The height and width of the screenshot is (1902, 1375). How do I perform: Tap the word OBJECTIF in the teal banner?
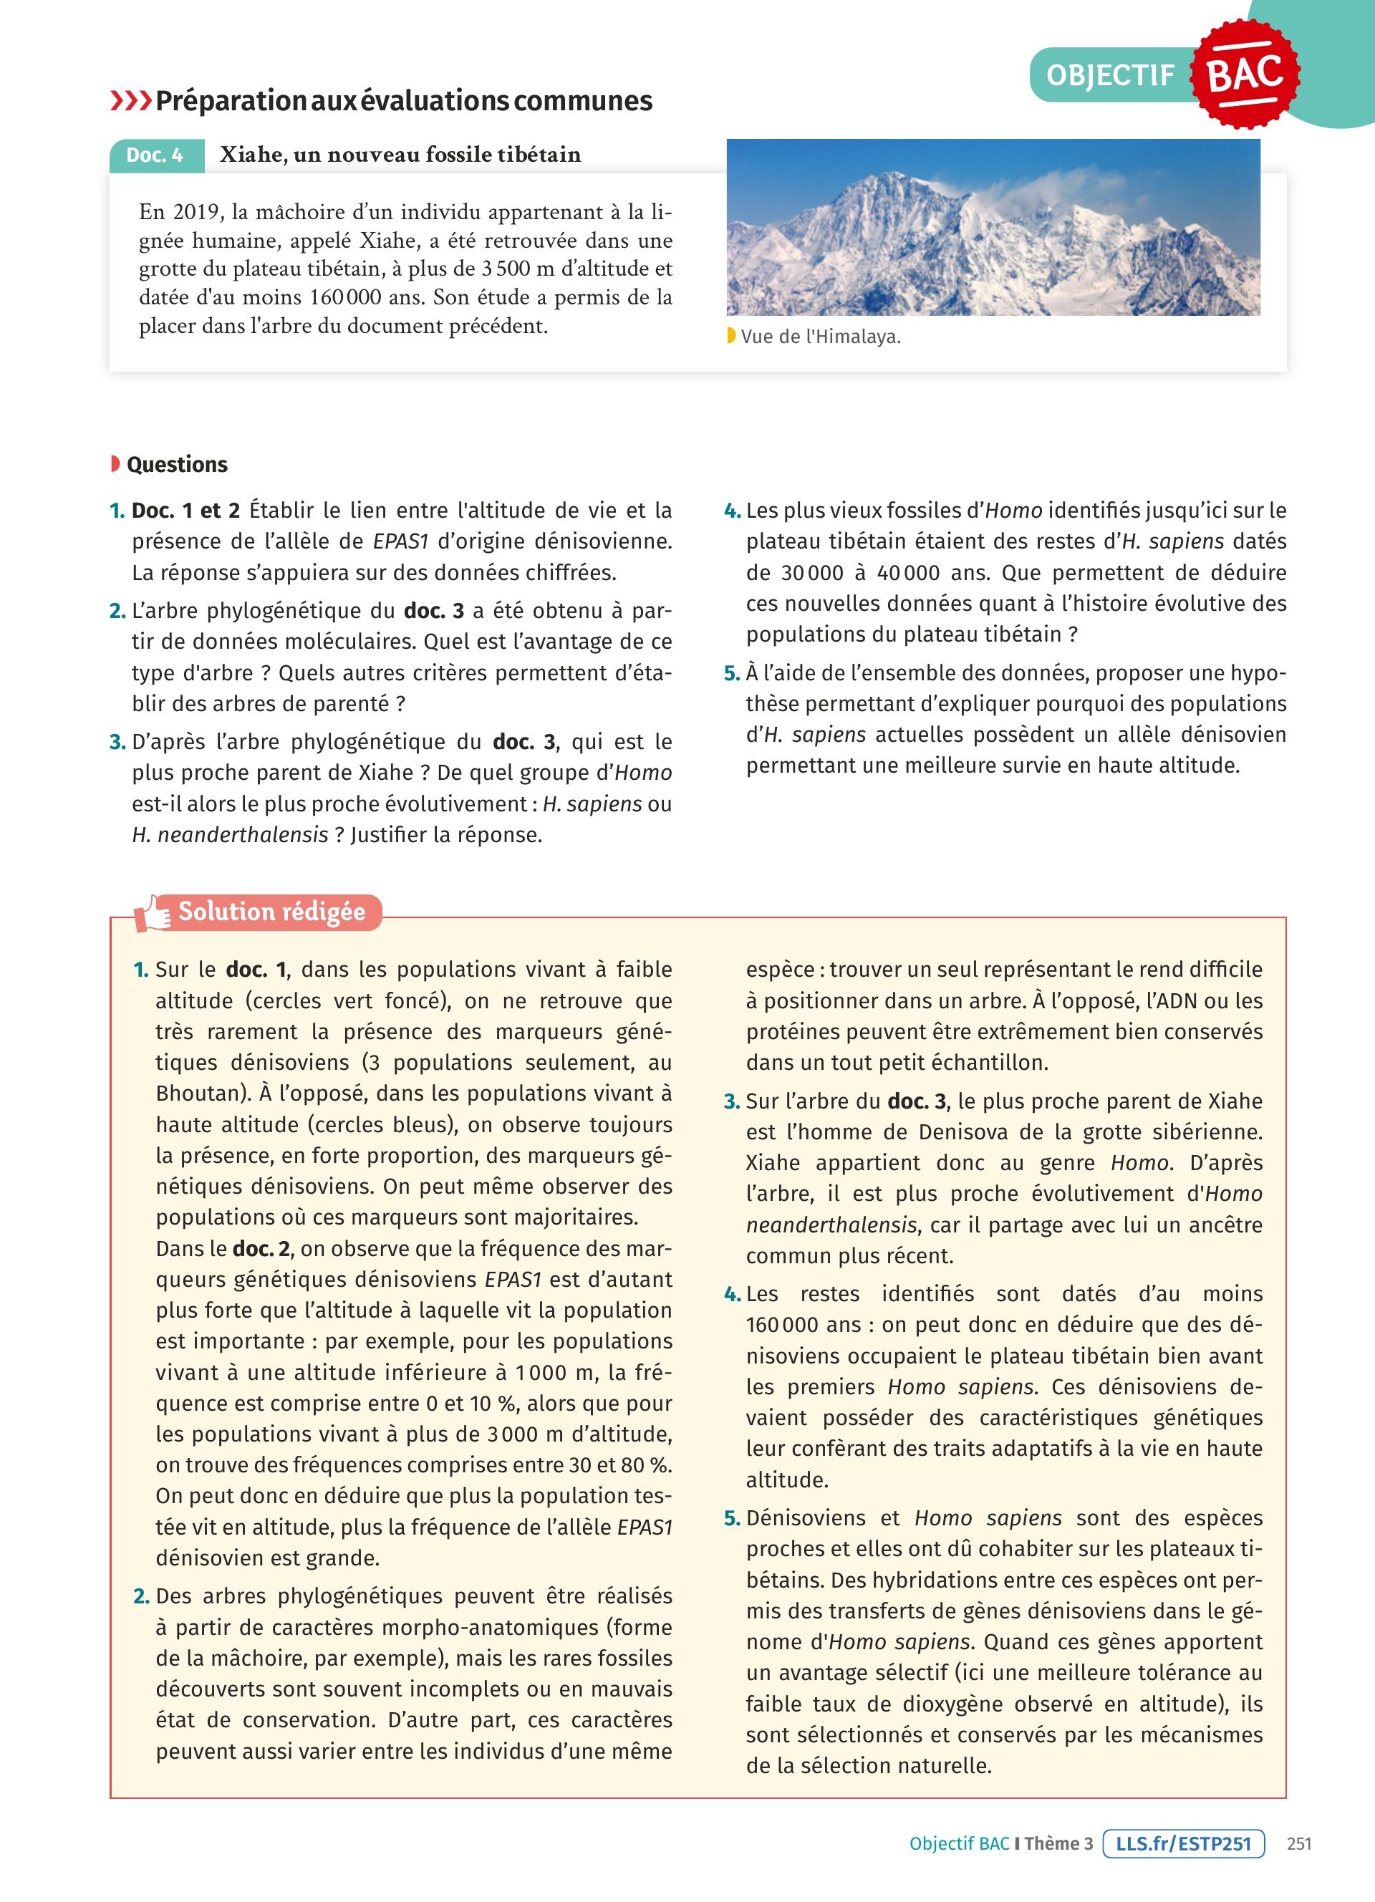[x=1110, y=75]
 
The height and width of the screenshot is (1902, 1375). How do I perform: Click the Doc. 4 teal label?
[x=156, y=155]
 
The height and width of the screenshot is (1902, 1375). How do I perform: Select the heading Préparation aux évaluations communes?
[x=403, y=101]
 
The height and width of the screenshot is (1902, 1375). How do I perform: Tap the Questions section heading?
[x=177, y=465]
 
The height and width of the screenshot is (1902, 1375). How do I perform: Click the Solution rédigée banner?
[x=271, y=912]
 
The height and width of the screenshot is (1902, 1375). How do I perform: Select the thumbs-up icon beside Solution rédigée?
[x=153, y=912]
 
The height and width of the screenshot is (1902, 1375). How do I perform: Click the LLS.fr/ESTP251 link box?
[x=1183, y=1843]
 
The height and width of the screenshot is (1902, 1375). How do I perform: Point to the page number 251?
[x=1298, y=1843]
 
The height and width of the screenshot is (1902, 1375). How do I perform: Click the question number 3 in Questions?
[x=117, y=742]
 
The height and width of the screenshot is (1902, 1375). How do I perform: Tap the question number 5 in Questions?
[x=732, y=673]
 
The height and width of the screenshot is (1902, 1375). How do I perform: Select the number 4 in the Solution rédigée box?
[x=732, y=1295]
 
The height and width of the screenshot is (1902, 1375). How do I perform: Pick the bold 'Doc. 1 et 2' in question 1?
[x=185, y=511]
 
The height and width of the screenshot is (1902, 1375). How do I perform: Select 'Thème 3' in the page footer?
[x=1059, y=1843]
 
